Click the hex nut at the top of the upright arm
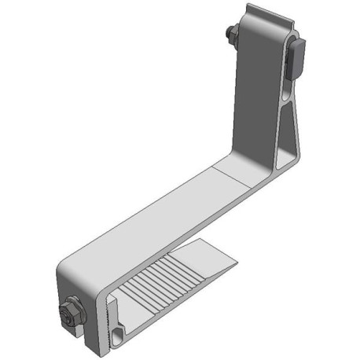click(232, 35)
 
